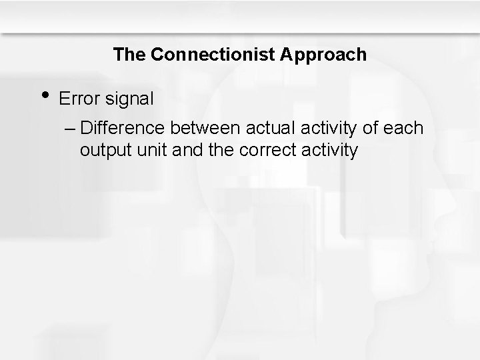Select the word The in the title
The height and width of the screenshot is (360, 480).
(130, 55)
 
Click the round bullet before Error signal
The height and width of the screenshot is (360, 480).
(43, 95)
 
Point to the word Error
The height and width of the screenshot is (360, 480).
(78, 99)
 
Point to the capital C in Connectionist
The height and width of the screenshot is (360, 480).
(156, 55)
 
